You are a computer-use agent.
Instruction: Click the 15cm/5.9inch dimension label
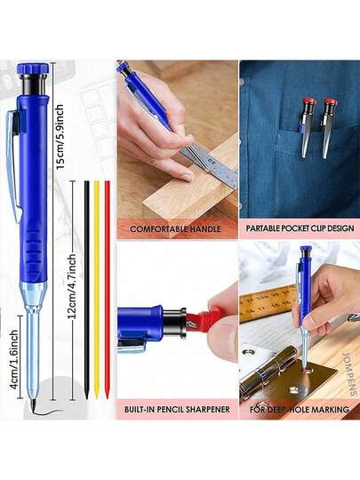click(x=60, y=137)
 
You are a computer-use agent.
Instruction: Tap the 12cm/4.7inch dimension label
click(x=72, y=286)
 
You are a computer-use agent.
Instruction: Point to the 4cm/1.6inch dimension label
click(x=14, y=359)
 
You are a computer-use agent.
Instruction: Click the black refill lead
click(x=87, y=290)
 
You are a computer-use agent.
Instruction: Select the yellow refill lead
click(x=97, y=290)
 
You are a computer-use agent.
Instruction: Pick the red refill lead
click(x=108, y=290)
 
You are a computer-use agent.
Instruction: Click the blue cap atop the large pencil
click(x=33, y=68)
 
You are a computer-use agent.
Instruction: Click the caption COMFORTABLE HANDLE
click(x=175, y=229)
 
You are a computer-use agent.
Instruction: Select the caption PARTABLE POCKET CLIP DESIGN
click(x=300, y=228)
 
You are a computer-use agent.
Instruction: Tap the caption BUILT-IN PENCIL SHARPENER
click(x=177, y=409)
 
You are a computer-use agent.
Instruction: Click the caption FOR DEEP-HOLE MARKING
click(x=299, y=409)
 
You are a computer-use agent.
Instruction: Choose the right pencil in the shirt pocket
click(x=329, y=129)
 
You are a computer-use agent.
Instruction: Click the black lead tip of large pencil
click(x=33, y=404)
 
